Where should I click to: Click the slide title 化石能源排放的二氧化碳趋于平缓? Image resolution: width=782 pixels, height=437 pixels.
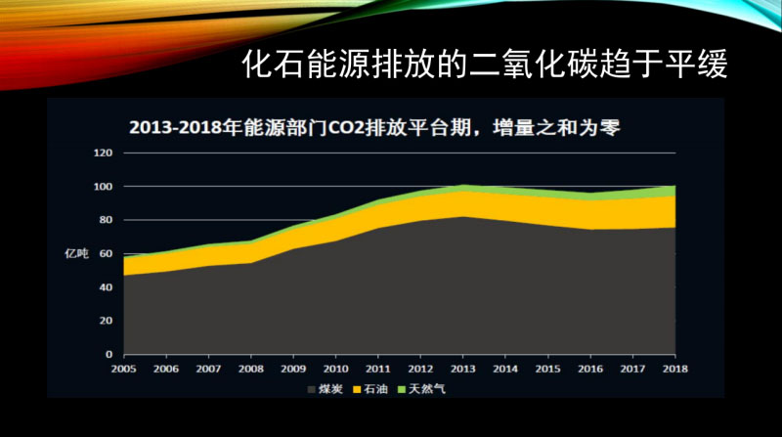click(485, 66)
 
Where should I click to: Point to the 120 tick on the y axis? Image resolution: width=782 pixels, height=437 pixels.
click(102, 153)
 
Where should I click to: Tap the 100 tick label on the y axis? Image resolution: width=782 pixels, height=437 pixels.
click(102, 187)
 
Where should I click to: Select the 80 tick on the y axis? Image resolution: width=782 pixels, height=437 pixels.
click(104, 220)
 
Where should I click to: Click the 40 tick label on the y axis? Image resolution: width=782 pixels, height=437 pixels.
click(104, 287)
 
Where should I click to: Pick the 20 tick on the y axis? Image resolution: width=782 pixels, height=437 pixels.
click(104, 321)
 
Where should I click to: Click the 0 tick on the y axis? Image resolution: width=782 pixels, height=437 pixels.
click(107, 354)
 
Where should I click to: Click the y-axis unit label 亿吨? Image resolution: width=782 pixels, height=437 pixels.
click(76, 254)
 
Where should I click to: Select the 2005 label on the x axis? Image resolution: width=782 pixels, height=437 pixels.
click(123, 369)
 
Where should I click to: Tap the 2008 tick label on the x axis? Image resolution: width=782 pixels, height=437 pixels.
click(251, 369)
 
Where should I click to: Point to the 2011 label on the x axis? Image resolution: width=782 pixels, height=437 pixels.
click(378, 369)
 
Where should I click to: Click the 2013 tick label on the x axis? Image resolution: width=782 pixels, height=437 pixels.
click(463, 369)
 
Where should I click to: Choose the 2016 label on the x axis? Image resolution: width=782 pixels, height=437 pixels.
click(590, 369)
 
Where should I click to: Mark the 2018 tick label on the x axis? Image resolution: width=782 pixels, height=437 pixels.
click(675, 369)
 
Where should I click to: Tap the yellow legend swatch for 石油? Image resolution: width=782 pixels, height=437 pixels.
click(358, 388)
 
